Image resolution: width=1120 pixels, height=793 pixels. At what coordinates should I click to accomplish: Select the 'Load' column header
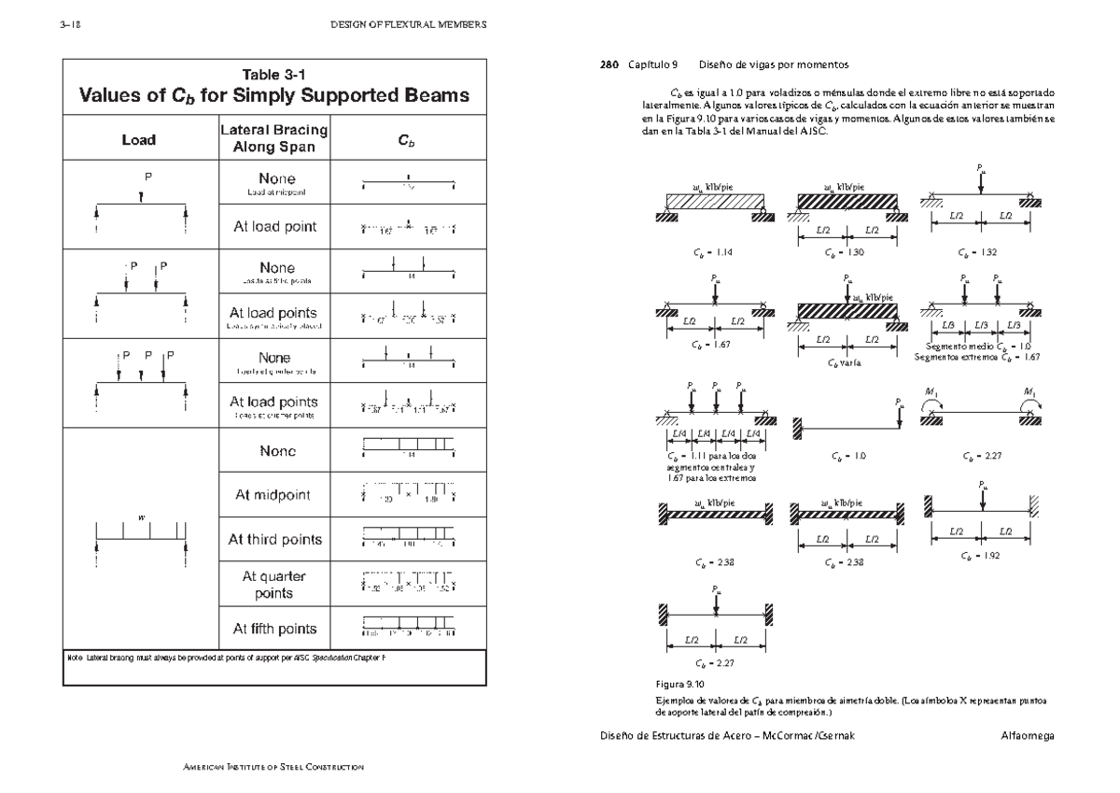139,140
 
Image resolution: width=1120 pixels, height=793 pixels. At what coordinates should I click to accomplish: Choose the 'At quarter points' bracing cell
273,585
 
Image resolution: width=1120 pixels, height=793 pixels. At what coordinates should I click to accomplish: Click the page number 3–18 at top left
71,25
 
